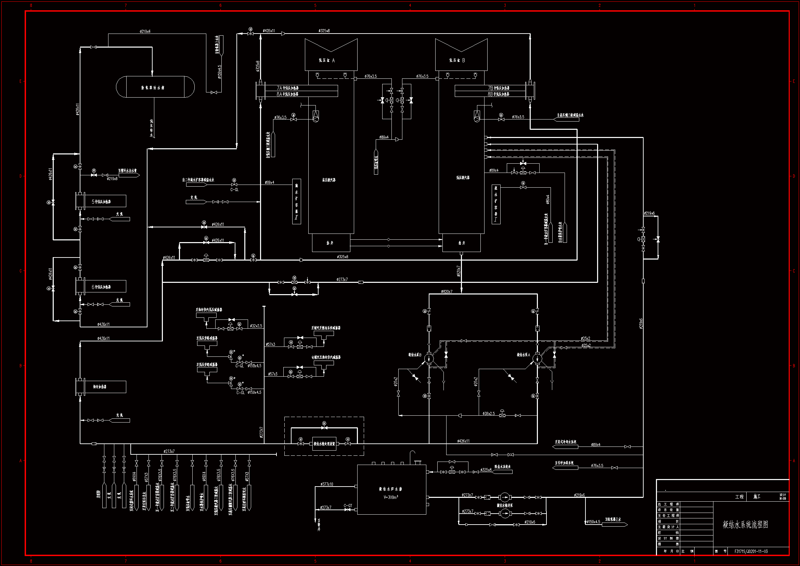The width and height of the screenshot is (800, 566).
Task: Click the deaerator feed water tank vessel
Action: (155, 87)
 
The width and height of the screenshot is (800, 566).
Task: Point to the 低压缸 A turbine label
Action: (327, 60)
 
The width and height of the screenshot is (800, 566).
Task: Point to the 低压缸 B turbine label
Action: (457, 60)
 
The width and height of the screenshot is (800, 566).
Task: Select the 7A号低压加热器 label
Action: (288, 88)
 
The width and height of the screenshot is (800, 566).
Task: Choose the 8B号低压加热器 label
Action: (499, 94)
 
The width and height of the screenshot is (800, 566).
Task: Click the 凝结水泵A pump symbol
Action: (537, 358)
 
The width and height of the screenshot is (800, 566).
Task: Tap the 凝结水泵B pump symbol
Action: (429, 358)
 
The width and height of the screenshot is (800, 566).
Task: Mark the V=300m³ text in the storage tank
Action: (391, 497)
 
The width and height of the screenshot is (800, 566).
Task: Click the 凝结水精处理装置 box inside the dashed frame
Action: (324, 444)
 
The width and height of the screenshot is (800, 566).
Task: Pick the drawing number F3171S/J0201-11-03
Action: (751, 551)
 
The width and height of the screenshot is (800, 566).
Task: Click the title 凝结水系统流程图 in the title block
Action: (745, 525)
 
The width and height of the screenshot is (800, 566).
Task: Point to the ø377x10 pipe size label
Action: (327, 484)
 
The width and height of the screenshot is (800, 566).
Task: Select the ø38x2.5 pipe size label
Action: (489, 413)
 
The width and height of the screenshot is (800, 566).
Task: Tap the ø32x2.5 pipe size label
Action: (256, 326)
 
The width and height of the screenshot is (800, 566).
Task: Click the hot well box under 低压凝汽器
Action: (461, 243)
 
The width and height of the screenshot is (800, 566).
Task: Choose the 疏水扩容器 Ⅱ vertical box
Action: (297, 201)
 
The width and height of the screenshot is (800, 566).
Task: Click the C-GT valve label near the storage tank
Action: (348, 505)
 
